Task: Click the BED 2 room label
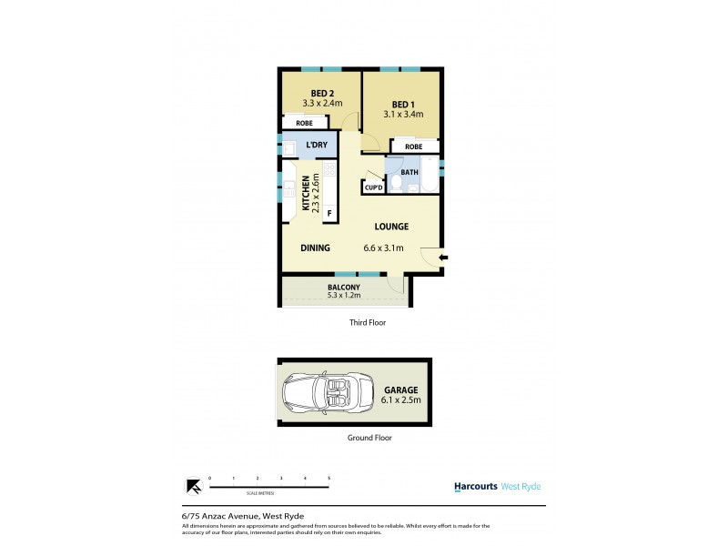pos(322,93)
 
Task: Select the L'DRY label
pos(317,145)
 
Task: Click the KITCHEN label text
pos(293,193)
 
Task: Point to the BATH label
pos(409,172)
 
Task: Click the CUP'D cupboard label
pos(374,188)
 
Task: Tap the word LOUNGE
pos(389,227)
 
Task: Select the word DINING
pos(315,248)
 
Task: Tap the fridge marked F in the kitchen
pos(329,214)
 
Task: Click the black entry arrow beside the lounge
pos(444,258)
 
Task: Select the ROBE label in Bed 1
pos(413,147)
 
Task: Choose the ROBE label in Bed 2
pos(305,123)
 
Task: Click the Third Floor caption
pos(368,322)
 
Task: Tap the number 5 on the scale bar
pos(329,477)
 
